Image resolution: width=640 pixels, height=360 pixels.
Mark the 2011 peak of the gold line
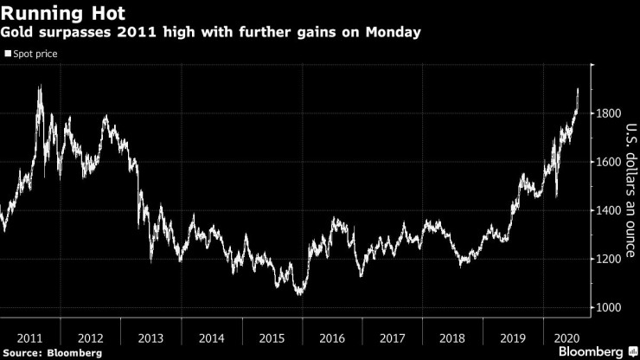pyautogui.click(x=40, y=86)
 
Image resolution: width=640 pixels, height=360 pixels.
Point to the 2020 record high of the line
pyautogui.click(x=578, y=88)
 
